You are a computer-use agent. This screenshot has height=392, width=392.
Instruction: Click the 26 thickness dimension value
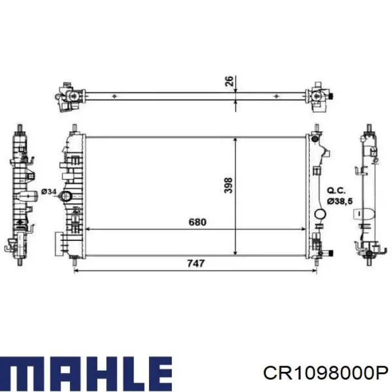coord(229,81)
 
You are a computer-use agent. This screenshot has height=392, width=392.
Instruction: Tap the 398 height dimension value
coord(228,185)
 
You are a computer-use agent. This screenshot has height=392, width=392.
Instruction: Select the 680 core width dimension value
coord(198,222)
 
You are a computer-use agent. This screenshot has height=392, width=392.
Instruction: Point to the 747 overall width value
coord(196,263)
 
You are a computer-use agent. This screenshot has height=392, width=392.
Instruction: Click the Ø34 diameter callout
coord(49,192)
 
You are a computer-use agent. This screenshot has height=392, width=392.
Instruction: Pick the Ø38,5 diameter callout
coord(340,201)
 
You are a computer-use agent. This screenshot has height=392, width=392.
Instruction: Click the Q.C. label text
coord(336,191)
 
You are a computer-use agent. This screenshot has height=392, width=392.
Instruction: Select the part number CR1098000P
coord(326,374)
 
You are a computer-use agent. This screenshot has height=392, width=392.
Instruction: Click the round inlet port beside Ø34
coord(66,196)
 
